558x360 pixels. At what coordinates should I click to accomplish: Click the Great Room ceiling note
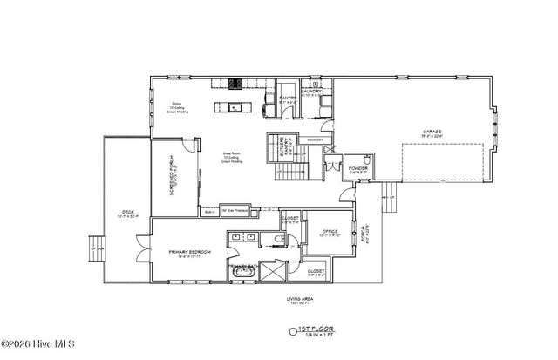[231, 158]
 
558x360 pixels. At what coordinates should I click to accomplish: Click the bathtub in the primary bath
[243, 272]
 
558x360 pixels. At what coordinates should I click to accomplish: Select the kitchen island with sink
[232, 109]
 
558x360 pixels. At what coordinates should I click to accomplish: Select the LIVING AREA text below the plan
[299, 300]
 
